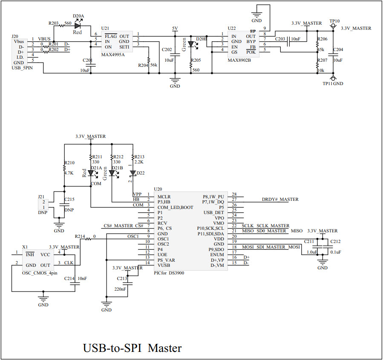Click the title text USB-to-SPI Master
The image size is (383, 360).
coord(132,348)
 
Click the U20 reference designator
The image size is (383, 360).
coord(158,189)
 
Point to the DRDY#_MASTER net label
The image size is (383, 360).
coord(280,199)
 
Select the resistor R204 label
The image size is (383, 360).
coord(143,65)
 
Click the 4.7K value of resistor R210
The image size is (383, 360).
coord(69,174)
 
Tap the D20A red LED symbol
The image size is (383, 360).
coord(78,26)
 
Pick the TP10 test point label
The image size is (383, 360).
coord(334,21)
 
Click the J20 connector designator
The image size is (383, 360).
coord(15,36)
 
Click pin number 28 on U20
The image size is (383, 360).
coord(234,194)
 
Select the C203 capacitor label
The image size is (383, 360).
coord(280,39)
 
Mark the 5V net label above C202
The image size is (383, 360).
coord(175,28)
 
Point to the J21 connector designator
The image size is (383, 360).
coord(41,197)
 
